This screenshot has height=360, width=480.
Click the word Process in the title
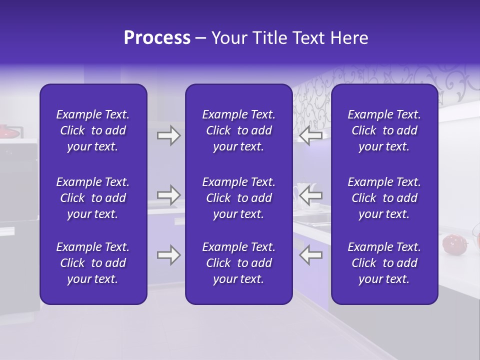(157, 38)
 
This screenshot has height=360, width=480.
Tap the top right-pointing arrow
(168, 135)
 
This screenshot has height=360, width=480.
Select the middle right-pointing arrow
(168, 195)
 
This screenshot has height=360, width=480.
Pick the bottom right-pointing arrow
(168, 255)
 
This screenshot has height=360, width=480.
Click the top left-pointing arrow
(310, 135)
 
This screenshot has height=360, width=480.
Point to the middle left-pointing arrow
(310, 195)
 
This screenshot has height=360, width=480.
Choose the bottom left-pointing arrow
(310, 255)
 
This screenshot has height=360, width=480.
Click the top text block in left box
(93, 130)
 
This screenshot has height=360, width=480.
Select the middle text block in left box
(93, 198)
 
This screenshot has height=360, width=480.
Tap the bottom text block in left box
(93, 263)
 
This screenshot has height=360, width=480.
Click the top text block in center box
(238, 130)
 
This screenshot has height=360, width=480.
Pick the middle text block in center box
(238, 198)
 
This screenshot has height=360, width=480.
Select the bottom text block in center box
(238, 263)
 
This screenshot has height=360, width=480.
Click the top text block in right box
(384, 130)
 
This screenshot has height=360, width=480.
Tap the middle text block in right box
(384, 198)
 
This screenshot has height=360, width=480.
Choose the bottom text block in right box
(384, 263)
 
